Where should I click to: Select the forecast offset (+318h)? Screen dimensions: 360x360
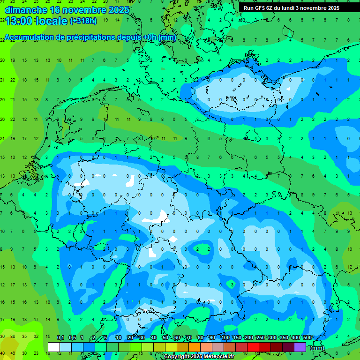83,21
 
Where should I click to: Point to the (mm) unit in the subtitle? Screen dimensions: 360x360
167,37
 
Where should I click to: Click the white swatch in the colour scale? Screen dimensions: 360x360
53,347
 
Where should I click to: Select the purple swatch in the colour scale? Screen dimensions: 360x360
300,347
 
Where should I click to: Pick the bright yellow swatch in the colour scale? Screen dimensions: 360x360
171,347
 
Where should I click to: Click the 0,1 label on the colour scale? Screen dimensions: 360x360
60,338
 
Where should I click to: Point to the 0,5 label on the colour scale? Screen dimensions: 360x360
72,338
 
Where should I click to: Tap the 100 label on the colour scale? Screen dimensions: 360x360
225,338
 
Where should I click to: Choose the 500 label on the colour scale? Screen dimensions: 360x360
307,338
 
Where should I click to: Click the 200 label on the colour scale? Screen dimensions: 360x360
248,338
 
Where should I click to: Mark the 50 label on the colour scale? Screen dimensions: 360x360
165,338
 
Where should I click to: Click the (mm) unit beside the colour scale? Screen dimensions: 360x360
317,348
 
